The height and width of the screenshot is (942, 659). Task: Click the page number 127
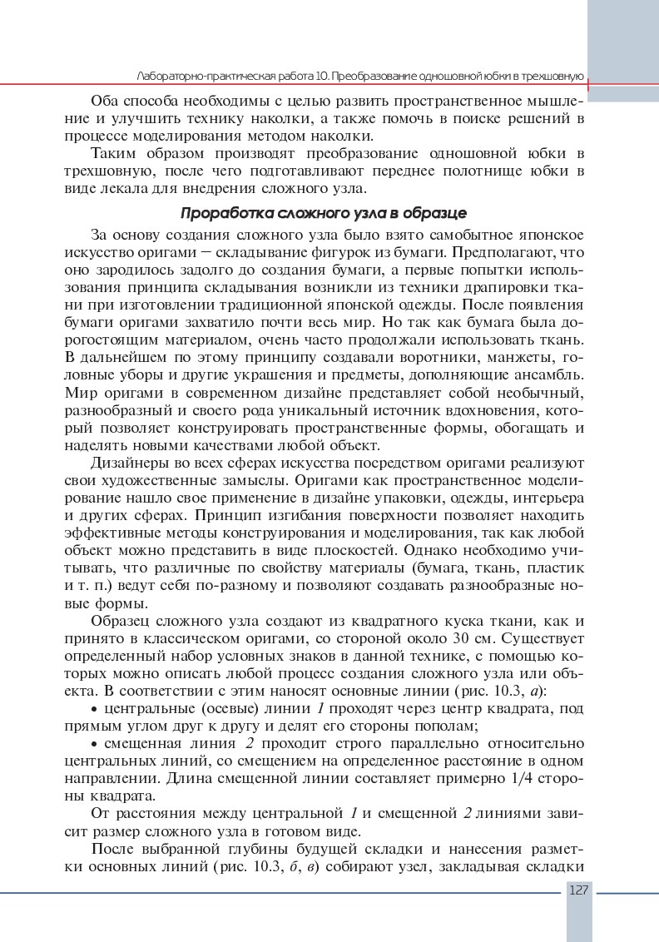[x=579, y=890]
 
